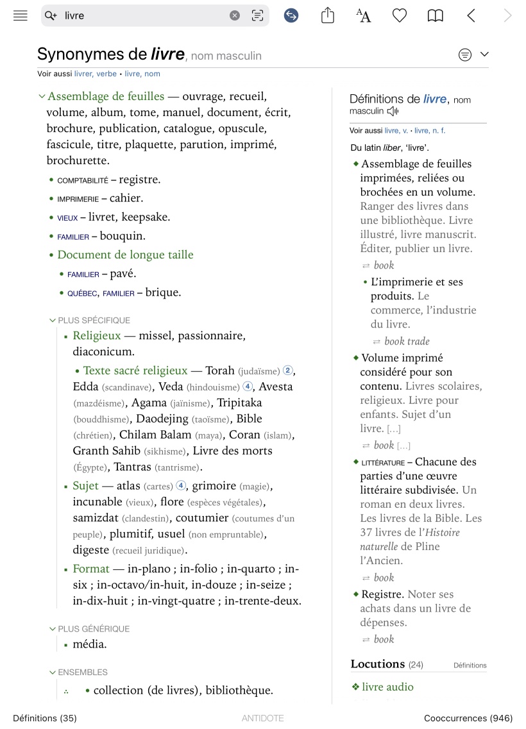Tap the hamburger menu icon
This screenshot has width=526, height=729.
[21, 16]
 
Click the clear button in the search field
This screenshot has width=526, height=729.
[235, 16]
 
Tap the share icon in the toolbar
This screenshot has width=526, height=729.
[328, 15]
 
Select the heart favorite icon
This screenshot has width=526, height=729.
[400, 16]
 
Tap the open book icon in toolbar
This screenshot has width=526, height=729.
[436, 16]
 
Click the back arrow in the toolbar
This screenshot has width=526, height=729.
[471, 16]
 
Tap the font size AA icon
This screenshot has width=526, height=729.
[363, 16]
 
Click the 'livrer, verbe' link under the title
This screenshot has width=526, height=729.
[96, 74]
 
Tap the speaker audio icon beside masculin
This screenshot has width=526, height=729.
[393, 112]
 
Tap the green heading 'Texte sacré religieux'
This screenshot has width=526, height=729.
[135, 371]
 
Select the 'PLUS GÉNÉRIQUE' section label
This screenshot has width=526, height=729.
[94, 629]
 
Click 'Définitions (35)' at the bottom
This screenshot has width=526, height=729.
[45, 718]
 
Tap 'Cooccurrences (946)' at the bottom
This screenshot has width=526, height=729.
[468, 718]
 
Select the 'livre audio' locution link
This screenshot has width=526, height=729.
[387, 687]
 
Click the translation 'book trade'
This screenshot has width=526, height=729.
[407, 342]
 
